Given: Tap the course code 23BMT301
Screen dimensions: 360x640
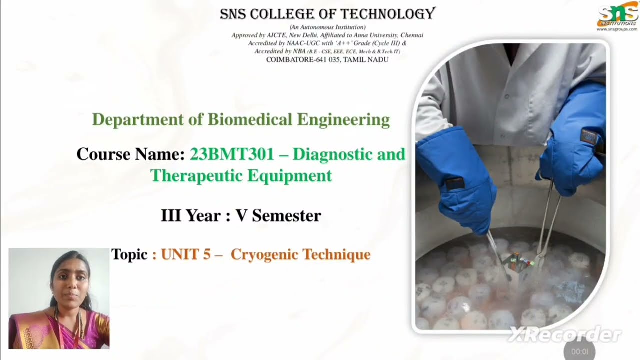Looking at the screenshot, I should pos(232,154).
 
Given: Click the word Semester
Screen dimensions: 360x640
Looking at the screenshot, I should pos(286,216).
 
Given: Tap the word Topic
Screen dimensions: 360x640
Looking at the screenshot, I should pos(129,254).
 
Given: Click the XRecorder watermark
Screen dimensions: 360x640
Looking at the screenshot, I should pos(564,334).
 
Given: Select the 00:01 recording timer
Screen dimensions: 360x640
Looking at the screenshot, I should pos(579,351).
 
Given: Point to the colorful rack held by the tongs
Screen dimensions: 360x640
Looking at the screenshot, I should pos(520,261).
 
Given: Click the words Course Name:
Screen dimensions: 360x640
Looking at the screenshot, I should pos(130,154).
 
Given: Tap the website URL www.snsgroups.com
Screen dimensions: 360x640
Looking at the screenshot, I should pos(617,29).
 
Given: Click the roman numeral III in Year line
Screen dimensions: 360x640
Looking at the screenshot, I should pos(170,216).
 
